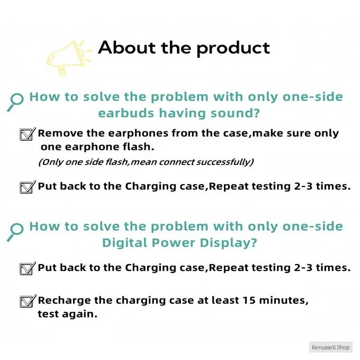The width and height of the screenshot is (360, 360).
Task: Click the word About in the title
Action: [127, 48]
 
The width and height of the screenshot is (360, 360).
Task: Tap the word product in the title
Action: [233, 49]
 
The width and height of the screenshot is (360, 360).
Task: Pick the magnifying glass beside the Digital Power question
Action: [15, 232]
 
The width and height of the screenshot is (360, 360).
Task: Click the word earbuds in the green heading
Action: [126, 113]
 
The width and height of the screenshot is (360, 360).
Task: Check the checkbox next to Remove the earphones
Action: [28, 134]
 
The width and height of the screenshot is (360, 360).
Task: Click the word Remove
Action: [60, 133]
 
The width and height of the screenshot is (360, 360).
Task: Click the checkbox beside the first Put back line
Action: [28, 187]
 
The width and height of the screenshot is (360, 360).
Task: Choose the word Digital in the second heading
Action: [125, 242]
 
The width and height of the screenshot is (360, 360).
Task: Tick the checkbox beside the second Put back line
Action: [28, 268]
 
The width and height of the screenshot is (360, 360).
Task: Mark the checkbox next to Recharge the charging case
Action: [28, 301]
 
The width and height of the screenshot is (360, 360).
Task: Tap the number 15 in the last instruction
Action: [249, 300]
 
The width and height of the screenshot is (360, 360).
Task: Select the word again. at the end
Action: [79, 314]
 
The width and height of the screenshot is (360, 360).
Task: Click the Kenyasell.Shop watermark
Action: [330, 347]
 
